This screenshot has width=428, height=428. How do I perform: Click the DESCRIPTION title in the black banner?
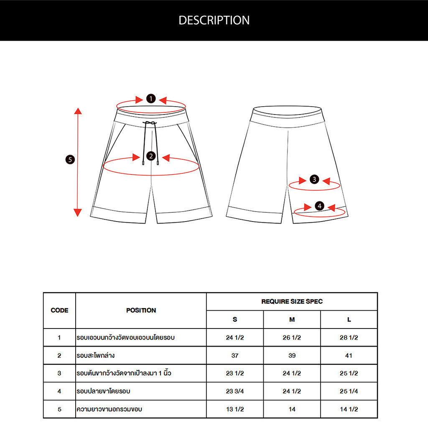214,20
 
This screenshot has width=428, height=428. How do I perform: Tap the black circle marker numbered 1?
151,99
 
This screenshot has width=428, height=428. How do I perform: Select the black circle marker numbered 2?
151,156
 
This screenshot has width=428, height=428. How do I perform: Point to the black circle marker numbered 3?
315,180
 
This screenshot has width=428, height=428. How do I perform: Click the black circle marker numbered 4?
319,206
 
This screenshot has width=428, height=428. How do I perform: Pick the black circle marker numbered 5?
70,159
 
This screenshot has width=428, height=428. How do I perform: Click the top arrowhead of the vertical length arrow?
78,111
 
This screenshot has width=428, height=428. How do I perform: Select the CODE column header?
59,310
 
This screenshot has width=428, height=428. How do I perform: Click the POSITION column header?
141,310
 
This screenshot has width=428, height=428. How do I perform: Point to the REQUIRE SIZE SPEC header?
292,301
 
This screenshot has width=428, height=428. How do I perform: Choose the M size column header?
292,320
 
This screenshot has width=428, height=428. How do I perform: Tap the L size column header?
349,320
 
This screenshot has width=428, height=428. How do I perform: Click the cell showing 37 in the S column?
235,356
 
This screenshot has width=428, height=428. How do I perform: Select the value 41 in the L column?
349,356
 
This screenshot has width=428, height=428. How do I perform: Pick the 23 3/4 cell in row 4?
235,391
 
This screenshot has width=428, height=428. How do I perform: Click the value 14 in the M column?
292,409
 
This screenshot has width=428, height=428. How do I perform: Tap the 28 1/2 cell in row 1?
349,338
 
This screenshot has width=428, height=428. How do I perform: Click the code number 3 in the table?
59,373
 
